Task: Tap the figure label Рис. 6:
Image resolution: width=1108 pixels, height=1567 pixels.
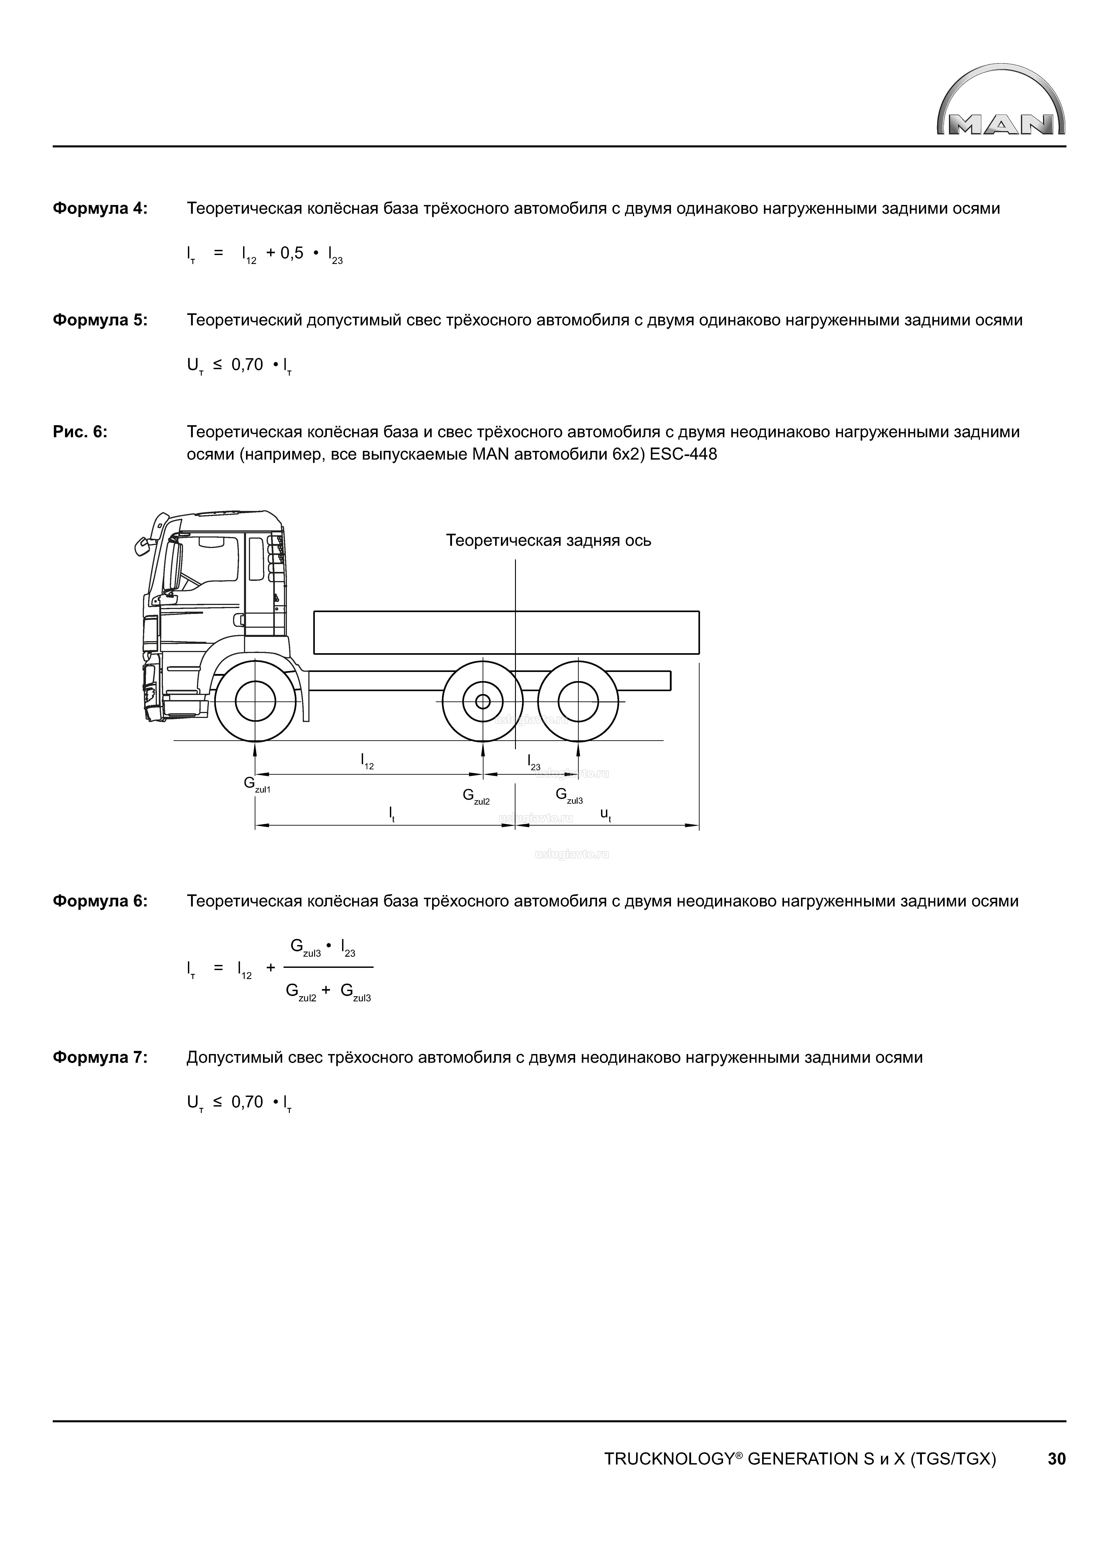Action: click(x=80, y=433)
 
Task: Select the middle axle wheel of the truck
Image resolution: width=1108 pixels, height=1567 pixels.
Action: click(x=483, y=701)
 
